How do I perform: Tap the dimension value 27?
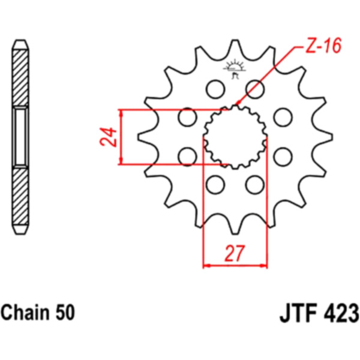(235, 254)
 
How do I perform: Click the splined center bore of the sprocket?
(235, 136)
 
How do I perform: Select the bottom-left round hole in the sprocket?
(213, 182)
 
